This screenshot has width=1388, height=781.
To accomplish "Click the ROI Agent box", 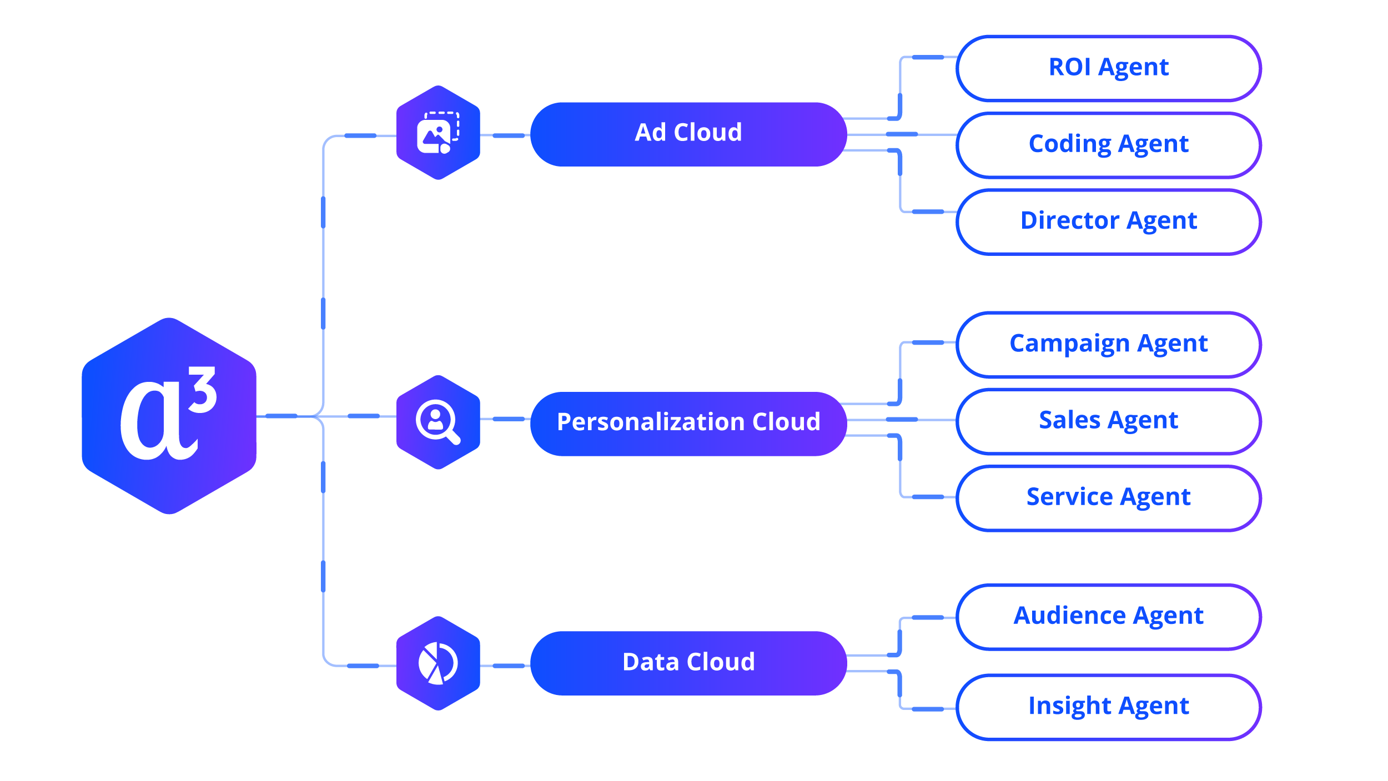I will pos(1108,68).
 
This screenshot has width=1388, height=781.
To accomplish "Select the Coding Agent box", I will pos(1108,145).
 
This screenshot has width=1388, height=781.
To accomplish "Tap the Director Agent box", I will pos(1108,221).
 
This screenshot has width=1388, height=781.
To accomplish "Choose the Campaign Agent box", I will pos(1108,344).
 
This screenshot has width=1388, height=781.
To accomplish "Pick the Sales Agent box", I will pos(1108,421).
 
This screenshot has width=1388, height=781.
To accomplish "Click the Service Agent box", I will pos(1108,497).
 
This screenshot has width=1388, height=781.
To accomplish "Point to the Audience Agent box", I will pos(1108,616).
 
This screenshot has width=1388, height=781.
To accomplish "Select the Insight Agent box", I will pos(1108,707).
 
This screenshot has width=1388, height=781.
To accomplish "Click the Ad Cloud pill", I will pos(688,134).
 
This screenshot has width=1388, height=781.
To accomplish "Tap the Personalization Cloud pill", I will pos(688,423).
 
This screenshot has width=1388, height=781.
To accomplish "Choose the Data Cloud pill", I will pos(688,662).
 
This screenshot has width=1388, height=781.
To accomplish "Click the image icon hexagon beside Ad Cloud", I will pos(438,133).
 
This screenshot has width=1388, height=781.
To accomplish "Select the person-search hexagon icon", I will pos(438,422).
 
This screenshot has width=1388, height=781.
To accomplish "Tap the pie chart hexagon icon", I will pos(438,663).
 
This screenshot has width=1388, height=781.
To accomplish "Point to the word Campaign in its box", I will pos(1069,344).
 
